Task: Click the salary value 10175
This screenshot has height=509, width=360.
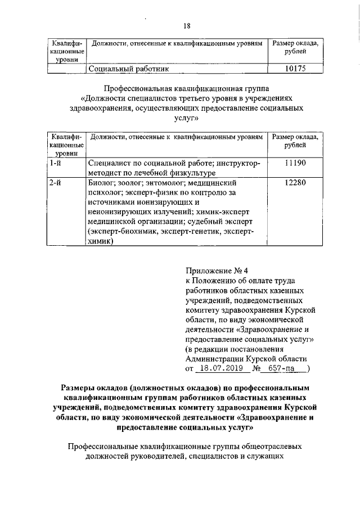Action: click(296, 69)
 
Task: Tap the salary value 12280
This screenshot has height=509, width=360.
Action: click(296, 183)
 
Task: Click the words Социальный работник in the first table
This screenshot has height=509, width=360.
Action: click(129, 69)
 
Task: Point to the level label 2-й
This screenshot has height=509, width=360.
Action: click(55, 183)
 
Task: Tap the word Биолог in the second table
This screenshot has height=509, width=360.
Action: click(101, 183)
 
